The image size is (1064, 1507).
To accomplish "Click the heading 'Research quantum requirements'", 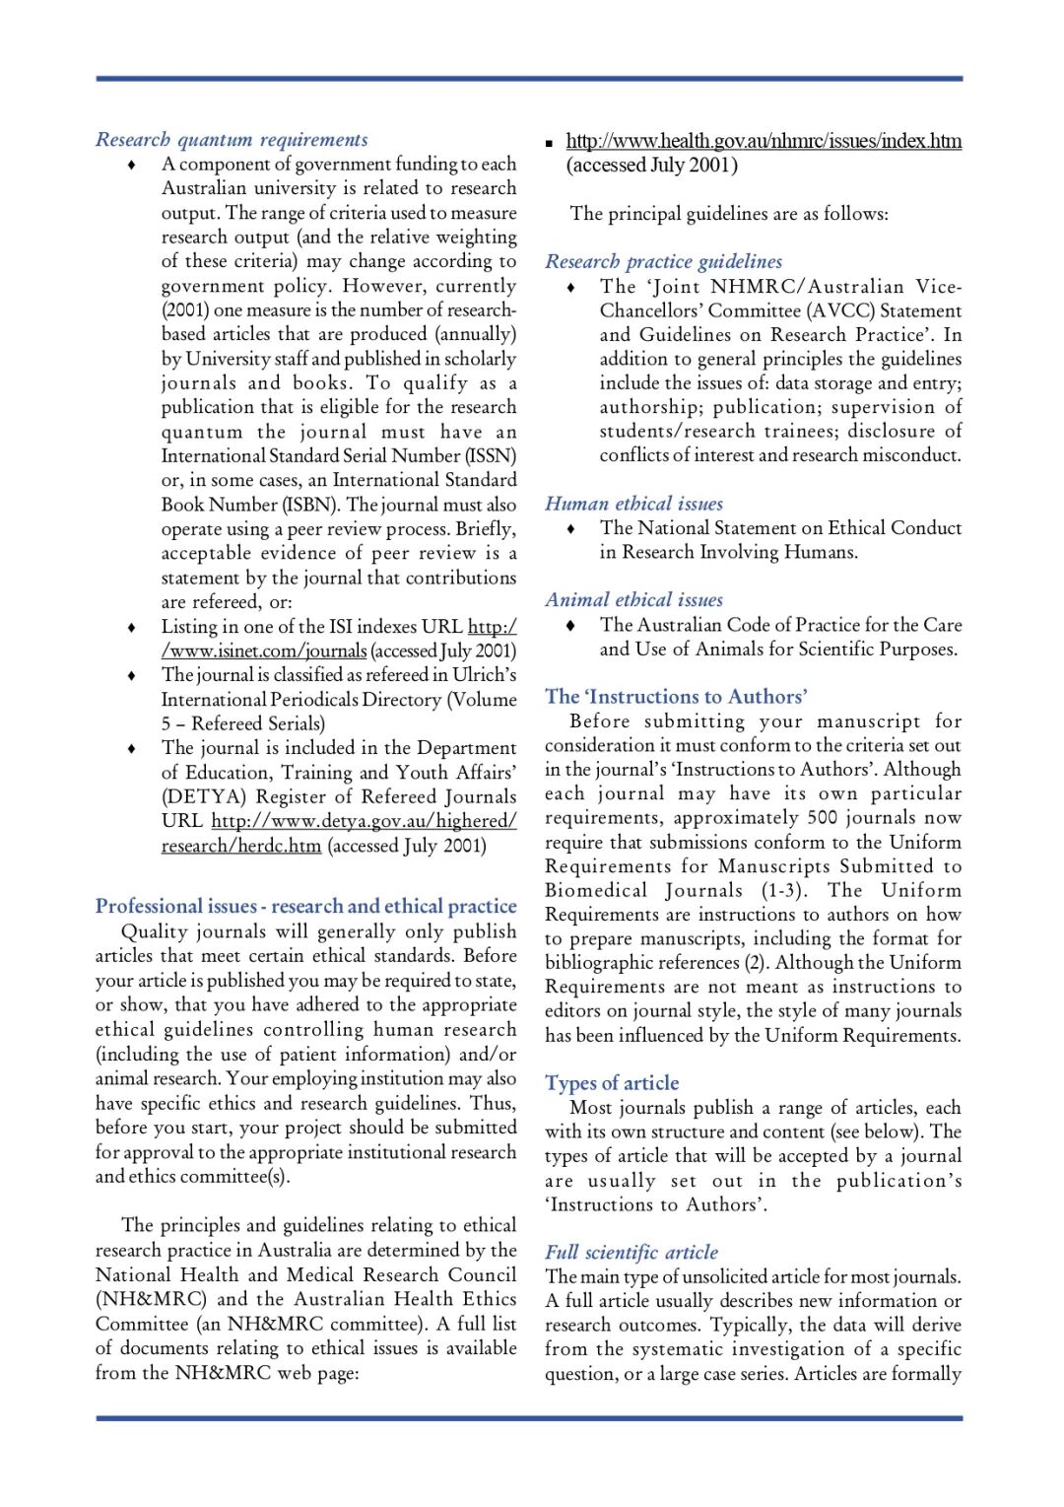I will point(232,140).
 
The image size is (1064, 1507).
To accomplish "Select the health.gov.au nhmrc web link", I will point(764,141).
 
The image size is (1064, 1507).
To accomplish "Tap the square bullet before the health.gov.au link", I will point(550,143).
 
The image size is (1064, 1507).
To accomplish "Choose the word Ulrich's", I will point(484,675).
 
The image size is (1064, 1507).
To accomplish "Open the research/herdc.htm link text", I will point(241,846).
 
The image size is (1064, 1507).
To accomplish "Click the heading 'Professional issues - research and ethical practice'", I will point(305,906).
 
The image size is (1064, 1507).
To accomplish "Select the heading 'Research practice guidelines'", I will point(663,262).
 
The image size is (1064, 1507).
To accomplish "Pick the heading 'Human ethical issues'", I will point(633,504).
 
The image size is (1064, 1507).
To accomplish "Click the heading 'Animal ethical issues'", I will point(633,600).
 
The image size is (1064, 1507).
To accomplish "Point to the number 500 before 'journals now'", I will point(823,818).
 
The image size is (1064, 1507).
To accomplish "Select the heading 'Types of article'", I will point(612,1083).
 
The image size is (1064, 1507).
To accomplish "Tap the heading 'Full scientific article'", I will point(632,1253).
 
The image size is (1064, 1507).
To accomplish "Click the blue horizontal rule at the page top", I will point(529,79).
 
